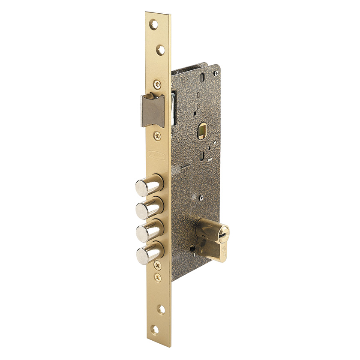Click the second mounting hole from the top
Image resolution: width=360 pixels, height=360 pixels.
(160, 50)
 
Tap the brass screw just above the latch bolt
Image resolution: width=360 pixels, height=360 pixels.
(158, 84)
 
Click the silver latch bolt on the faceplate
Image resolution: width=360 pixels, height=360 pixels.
(152, 111)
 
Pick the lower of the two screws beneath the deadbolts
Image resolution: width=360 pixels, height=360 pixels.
(158, 278)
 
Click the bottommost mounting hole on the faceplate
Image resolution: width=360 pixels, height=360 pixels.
(155, 330)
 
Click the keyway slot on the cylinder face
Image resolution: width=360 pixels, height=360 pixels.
(222, 235)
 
